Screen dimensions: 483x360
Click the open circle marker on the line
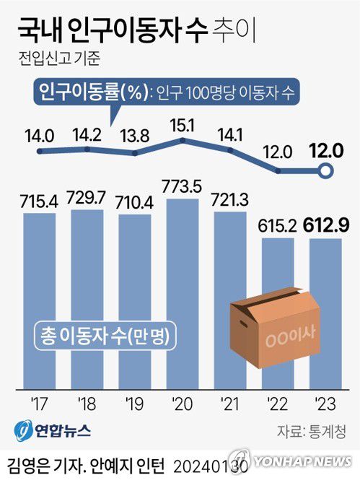coord(325,172)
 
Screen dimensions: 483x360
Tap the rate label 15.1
coord(181,126)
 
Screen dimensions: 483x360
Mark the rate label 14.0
coord(39,136)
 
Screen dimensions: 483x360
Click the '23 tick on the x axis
coord(325,403)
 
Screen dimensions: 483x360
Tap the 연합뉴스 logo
coord(52,430)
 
